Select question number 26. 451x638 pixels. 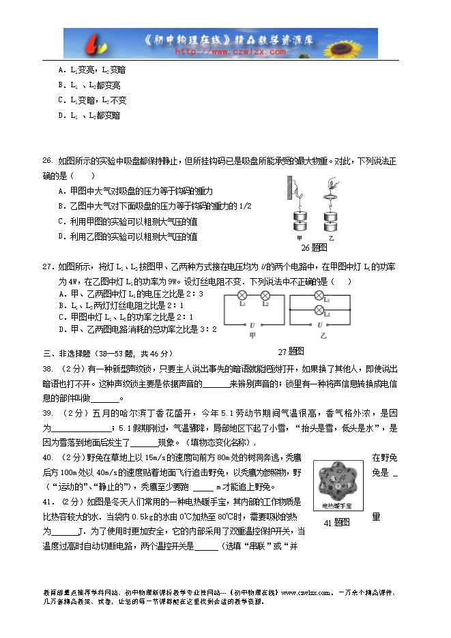coord(48,162)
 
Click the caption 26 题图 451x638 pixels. coord(314,247)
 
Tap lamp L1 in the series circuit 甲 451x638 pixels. coord(242,296)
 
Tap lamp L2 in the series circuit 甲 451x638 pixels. coord(265,296)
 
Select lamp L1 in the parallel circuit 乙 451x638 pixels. coord(319,296)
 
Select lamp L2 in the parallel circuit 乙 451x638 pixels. coord(319,310)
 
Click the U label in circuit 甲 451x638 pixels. coord(252,325)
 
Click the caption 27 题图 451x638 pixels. coord(291,352)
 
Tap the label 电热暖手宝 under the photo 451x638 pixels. coord(343,506)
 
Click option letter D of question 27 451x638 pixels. coord(62,329)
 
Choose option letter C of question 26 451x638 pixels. coord(62,221)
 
